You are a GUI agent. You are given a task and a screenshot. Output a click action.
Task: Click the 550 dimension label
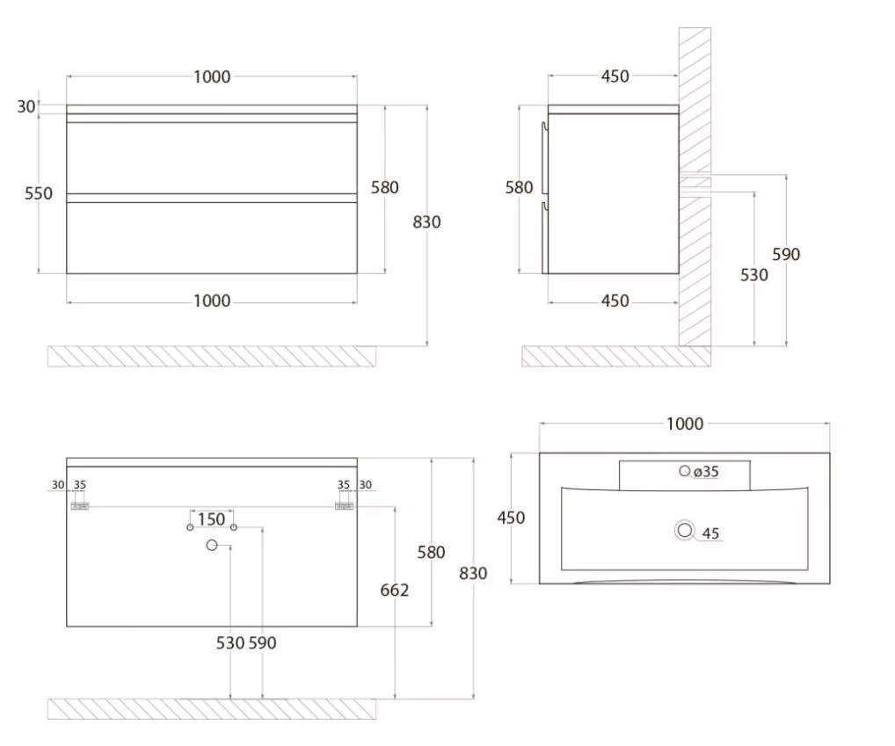pos(38,194)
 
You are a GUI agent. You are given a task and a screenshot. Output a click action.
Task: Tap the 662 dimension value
pos(395,590)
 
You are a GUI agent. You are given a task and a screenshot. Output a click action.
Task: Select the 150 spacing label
pos(211,519)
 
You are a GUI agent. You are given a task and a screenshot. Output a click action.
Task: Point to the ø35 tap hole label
pos(705,472)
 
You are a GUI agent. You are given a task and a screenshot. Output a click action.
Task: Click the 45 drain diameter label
pos(710,534)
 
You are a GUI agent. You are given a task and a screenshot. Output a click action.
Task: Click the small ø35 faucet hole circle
pos(684,470)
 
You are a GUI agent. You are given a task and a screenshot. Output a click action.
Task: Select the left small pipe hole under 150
pos(190,527)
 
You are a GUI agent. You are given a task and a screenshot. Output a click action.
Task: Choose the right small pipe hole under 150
pos(234,527)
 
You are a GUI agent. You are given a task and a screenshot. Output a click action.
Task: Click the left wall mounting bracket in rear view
pos(79,506)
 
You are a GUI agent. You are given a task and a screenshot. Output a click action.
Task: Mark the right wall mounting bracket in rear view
pos(344,506)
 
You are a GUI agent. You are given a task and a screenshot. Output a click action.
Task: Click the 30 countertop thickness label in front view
pos(25,106)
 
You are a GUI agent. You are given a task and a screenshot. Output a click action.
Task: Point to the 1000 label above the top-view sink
pos(684,424)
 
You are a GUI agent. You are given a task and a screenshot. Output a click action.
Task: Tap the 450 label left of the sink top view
pos(511,518)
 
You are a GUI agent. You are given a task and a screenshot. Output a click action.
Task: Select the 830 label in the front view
pos(426,222)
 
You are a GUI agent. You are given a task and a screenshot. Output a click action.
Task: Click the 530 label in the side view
pos(753,276)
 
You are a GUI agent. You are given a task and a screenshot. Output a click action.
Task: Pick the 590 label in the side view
pos(786,254)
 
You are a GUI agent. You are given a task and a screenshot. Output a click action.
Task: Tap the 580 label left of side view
pos(519,188)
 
